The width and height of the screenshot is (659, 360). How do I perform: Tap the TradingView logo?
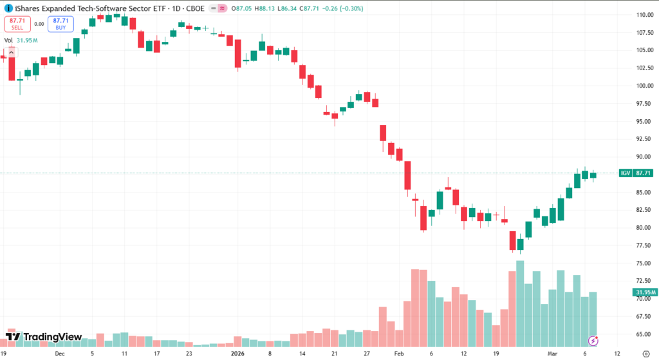(x=43, y=337)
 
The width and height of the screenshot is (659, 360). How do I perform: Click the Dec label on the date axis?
(x=59, y=353)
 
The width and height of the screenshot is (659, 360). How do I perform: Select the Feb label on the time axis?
(x=398, y=353)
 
